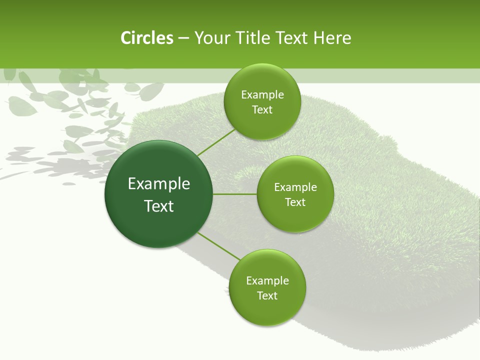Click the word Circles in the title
(147, 38)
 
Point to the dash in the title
(184, 38)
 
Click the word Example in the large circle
(159, 184)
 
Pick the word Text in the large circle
(159, 206)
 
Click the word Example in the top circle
(262, 95)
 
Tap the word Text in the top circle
(262, 110)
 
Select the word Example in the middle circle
(295, 187)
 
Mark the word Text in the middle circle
(295, 202)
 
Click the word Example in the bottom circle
(267, 281)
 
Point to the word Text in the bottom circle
(267, 296)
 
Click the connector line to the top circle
(216, 142)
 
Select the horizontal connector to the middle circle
(235, 194)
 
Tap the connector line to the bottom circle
(219, 246)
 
